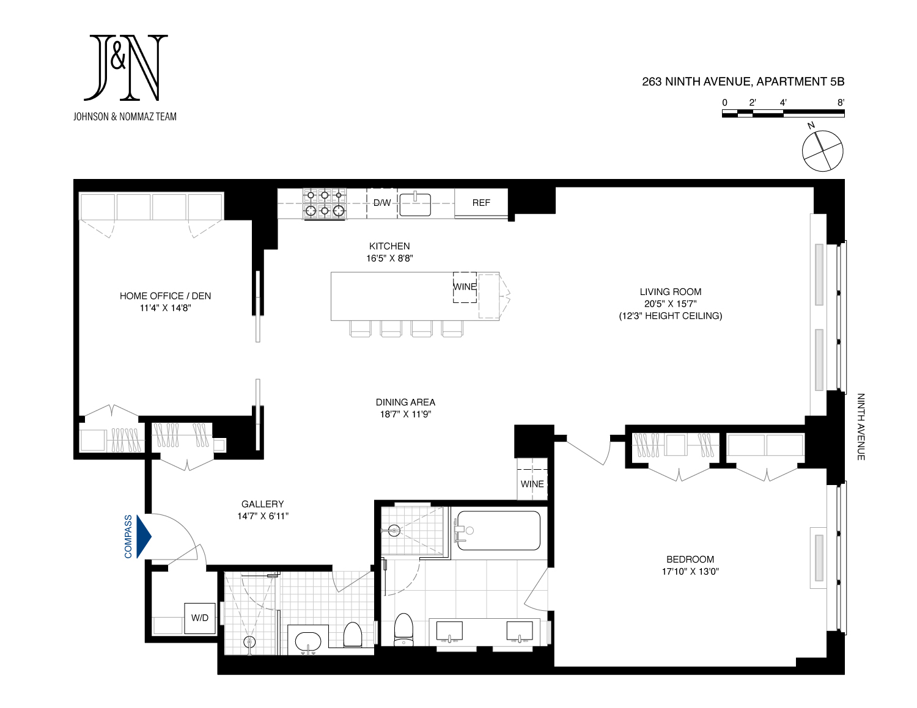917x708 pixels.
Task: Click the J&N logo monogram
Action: tap(126, 67)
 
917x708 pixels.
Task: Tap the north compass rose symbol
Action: tap(822, 150)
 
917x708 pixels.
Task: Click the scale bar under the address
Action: tap(783, 113)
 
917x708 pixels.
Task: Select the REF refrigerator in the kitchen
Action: tap(481, 203)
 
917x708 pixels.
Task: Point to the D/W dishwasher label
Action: tap(382, 203)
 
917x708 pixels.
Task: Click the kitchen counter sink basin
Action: tap(415, 204)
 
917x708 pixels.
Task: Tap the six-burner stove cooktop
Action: tap(325, 203)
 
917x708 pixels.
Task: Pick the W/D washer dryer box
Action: tap(200, 618)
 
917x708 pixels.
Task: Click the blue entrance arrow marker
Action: tap(144, 536)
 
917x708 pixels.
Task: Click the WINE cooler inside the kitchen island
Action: tap(465, 287)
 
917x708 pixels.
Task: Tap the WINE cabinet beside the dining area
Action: tap(532, 484)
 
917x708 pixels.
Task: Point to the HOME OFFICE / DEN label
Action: tap(165, 296)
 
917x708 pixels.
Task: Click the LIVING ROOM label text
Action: tap(671, 292)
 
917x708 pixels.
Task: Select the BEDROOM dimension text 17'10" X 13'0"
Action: tap(690, 572)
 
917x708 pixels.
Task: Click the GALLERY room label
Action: tap(262, 504)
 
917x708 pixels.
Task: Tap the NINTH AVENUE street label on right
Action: tap(861, 426)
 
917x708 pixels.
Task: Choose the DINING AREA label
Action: tap(405, 402)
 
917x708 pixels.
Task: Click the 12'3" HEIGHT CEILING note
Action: tap(671, 316)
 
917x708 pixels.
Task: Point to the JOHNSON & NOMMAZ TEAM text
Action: tap(125, 116)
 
